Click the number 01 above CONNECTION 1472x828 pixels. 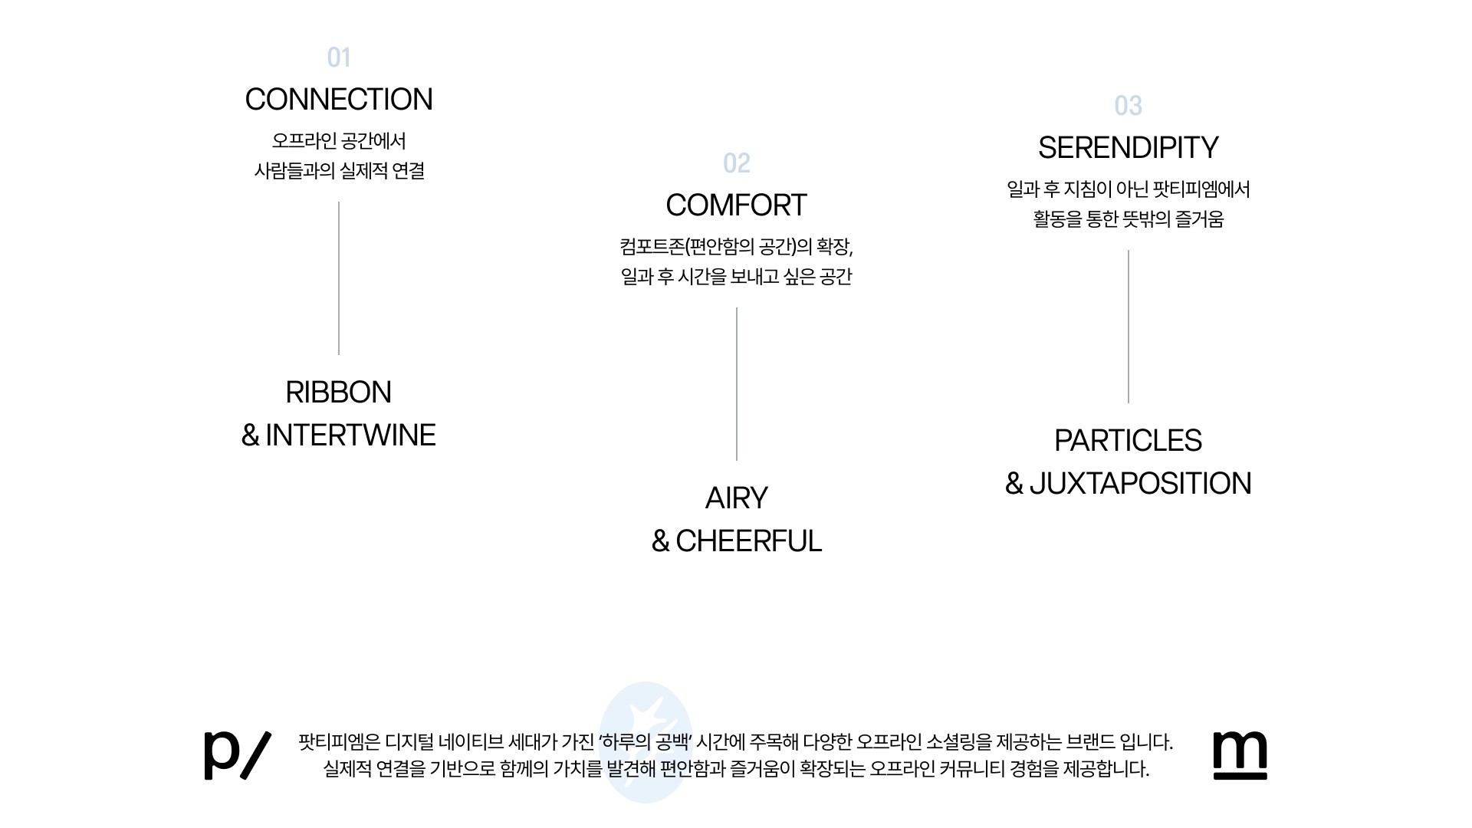click(x=338, y=58)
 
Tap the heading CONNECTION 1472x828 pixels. click(x=338, y=100)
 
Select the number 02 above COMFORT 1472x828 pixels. click(x=736, y=163)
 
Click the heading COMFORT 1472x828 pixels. click(x=736, y=205)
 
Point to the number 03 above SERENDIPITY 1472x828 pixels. click(x=1128, y=106)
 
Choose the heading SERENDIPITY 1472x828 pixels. click(x=1128, y=148)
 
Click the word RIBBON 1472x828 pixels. click(x=338, y=393)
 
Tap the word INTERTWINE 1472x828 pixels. click(x=350, y=435)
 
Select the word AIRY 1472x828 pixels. click(x=736, y=498)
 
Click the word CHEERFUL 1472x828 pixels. click(x=748, y=541)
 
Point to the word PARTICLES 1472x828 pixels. click(x=1128, y=441)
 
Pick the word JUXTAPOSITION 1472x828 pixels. click(x=1140, y=484)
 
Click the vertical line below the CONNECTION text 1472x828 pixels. click(x=339, y=278)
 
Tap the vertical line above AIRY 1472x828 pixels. click(x=737, y=383)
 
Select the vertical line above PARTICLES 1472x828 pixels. click(x=1129, y=326)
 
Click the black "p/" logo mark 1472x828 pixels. click(x=237, y=754)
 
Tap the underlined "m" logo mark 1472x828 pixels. click(x=1240, y=754)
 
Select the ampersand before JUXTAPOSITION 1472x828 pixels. click(x=1014, y=484)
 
